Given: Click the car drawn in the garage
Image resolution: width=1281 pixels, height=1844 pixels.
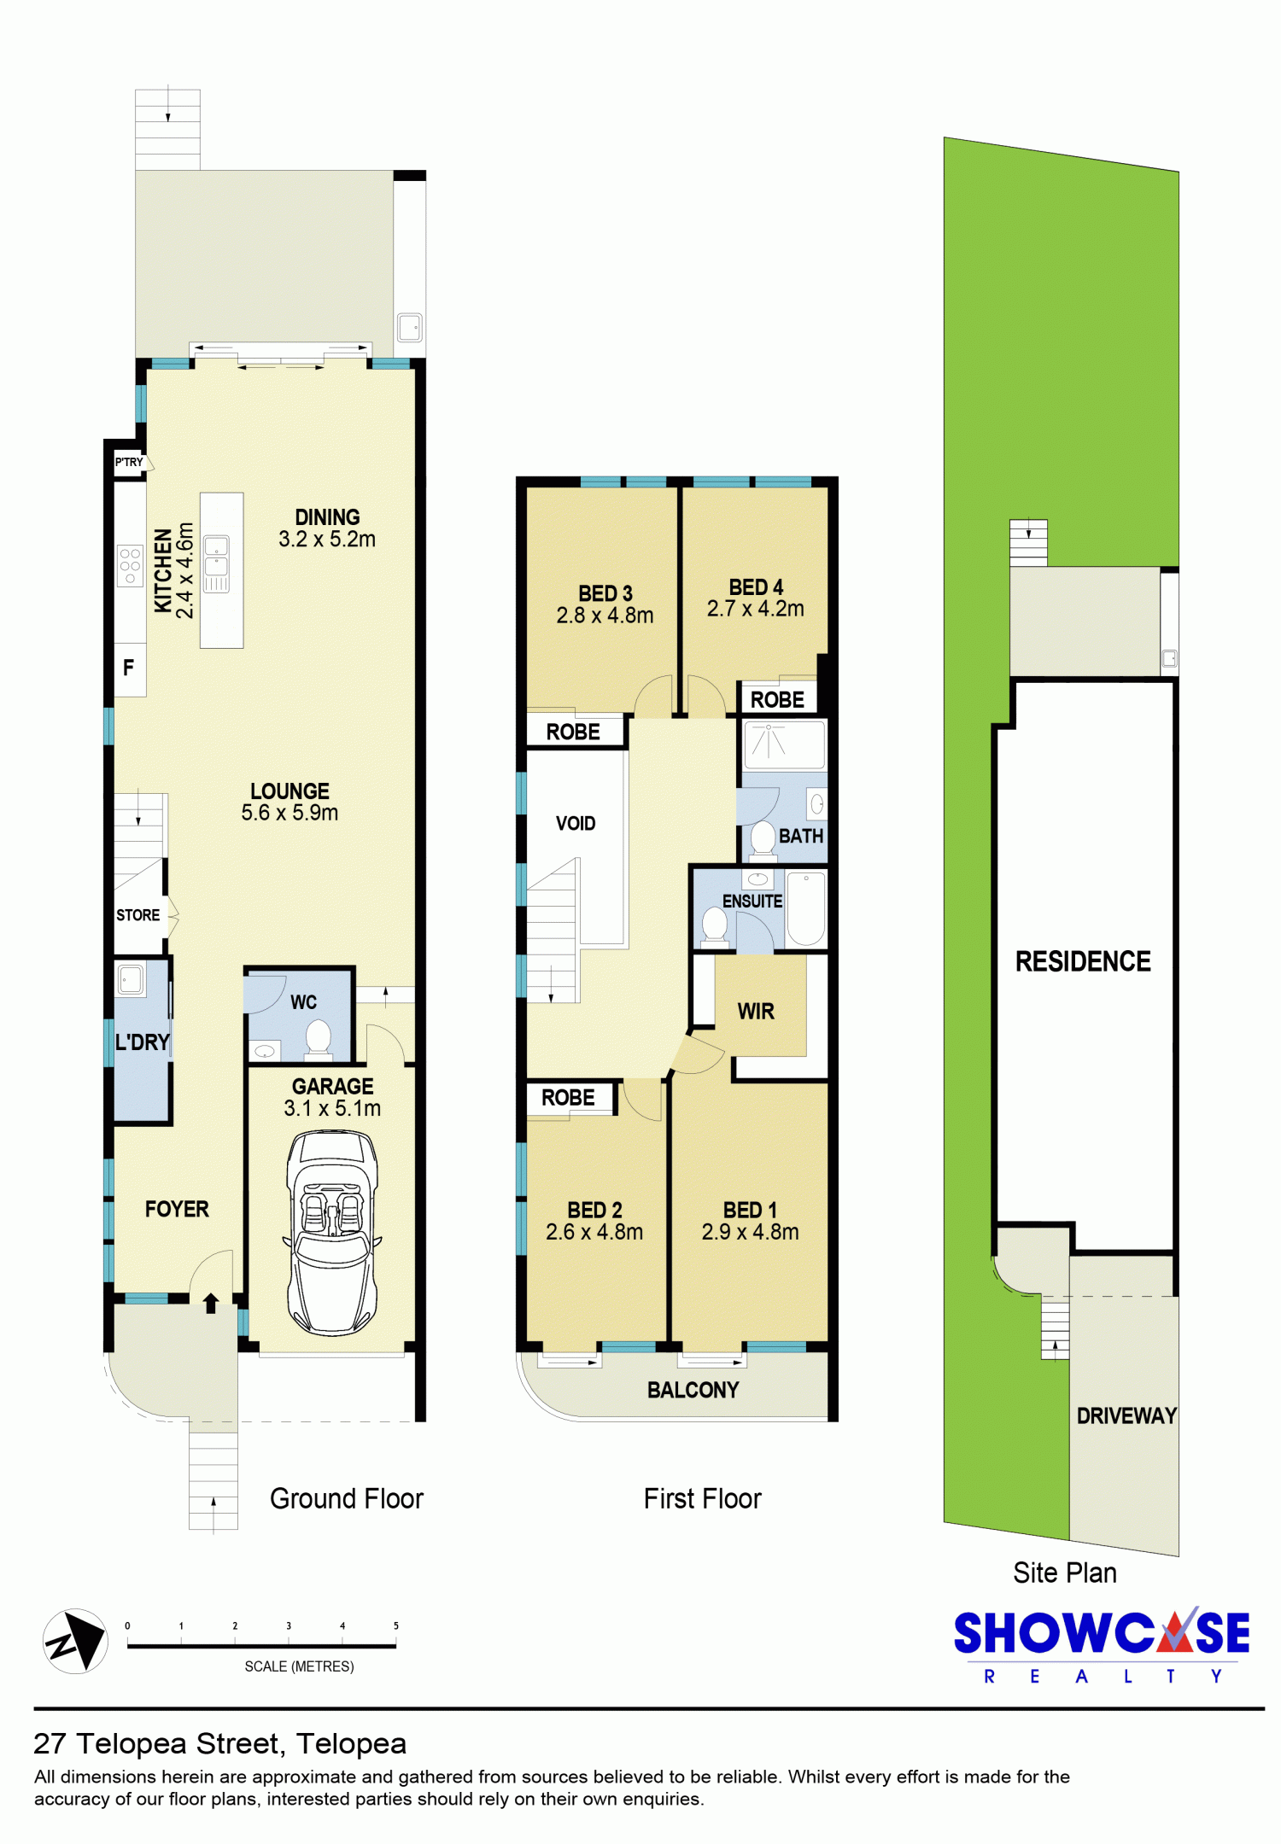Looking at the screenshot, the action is click(x=332, y=1232).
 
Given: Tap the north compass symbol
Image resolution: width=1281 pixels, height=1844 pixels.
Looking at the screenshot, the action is click(x=75, y=1641).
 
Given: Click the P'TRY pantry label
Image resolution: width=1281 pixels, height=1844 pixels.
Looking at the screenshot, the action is click(x=129, y=462).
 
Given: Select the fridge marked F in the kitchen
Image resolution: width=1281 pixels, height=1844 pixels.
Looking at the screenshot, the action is click(x=130, y=668).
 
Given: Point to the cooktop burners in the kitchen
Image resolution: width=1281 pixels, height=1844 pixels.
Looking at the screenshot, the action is click(x=130, y=566).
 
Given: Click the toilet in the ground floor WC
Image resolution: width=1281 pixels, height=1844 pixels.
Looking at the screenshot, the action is click(x=319, y=1038).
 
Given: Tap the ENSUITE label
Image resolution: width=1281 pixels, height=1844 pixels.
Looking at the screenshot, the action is click(x=752, y=902).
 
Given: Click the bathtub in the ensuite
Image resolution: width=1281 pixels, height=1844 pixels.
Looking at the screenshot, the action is click(x=805, y=907).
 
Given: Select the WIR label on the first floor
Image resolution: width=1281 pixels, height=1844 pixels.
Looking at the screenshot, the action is click(x=756, y=1012).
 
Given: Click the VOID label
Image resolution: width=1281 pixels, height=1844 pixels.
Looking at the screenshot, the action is click(x=576, y=824).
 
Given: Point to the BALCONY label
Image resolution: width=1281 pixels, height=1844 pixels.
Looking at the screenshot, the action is click(x=693, y=1390).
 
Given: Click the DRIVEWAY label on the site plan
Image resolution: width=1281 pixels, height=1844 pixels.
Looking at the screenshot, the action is click(x=1126, y=1415).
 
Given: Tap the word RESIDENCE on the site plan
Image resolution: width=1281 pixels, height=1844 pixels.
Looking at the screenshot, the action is click(x=1083, y=961).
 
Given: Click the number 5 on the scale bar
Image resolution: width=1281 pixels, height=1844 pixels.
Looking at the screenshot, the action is click(x=396, y=1625).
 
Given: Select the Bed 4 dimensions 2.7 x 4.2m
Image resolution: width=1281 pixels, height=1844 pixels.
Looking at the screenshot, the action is click(x=755, y=609).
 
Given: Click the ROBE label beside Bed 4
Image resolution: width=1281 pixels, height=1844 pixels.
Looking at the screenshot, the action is click(x=777, y=700).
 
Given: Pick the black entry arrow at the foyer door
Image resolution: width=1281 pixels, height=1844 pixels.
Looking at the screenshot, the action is click(x=211, y=1302).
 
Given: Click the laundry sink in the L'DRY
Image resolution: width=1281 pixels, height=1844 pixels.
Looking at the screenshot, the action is click(x=131, y=979).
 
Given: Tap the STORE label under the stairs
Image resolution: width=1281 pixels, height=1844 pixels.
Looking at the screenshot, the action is click(x=138, y=915).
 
